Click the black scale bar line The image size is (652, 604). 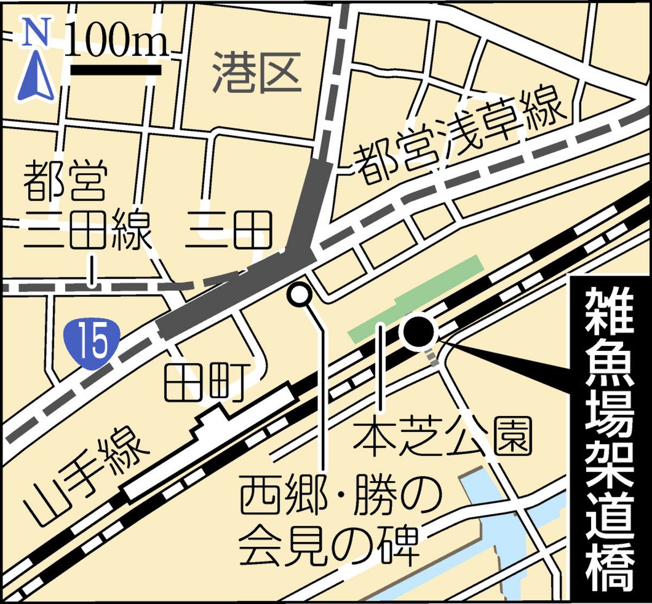pyautogui.click(x=116, y=70)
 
